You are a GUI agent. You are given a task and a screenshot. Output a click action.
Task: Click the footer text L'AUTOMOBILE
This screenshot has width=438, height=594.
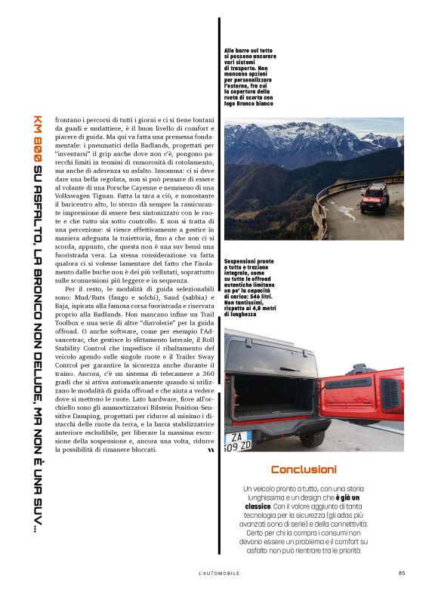[218, 572]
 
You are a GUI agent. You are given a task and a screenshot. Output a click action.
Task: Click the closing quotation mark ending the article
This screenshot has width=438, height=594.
[209, 451]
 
